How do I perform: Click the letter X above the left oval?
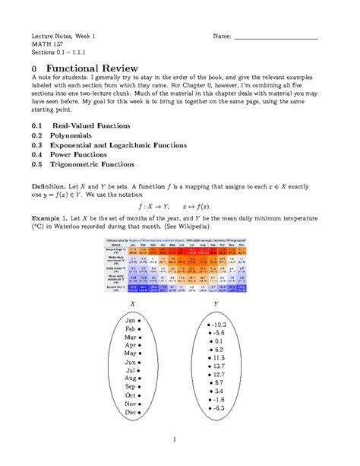133,301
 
